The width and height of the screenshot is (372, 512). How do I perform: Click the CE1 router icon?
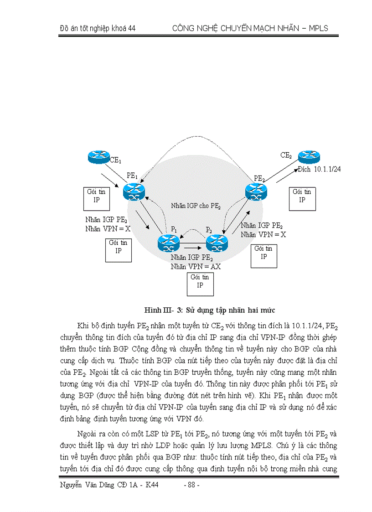click(x=99, y=157)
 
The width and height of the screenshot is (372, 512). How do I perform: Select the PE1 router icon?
click(x=134, y=191)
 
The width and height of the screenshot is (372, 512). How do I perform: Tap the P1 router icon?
click(x=169, y=243)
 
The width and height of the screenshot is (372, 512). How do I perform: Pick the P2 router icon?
click(x=217, y=243)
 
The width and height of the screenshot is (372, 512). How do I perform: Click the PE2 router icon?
click(x=256, y=190)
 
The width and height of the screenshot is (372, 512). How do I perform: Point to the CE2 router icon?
click(x=310, y=157)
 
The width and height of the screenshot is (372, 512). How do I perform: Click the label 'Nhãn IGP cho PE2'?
click(x=196, y=206)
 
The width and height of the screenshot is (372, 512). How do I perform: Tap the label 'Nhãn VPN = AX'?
click(x=196, y=267)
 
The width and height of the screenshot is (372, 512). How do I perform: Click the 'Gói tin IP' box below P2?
click(x=200, y=281)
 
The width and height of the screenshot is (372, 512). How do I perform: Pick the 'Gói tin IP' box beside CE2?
click(x=302, y=196)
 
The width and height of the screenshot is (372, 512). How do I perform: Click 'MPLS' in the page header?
click(x=317, y=28)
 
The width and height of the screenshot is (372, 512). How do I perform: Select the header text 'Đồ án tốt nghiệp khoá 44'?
click(x=98, y=28)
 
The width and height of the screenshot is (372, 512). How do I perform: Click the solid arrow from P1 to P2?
click(x=193, y=247)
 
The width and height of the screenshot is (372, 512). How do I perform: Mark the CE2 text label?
click(x=286, y=156)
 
